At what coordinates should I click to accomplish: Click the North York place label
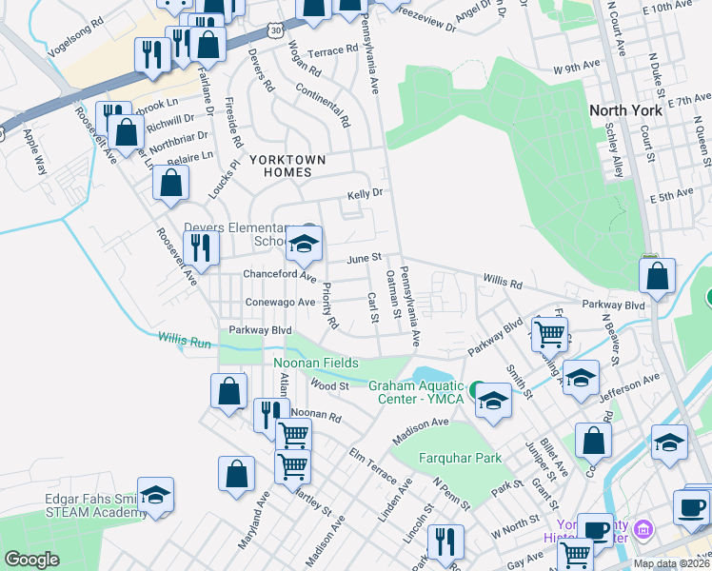625,110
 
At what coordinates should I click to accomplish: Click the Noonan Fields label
316,363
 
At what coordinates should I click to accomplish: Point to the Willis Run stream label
185,338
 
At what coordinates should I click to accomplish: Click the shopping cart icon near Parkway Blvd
550,333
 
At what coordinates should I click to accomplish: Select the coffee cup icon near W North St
596,529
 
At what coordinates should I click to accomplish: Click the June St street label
364,258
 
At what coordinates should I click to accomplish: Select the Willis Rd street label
503,283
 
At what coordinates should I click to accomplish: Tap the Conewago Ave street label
279,303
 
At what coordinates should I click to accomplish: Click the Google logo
31,560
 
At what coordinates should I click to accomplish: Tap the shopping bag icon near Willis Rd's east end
657,276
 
